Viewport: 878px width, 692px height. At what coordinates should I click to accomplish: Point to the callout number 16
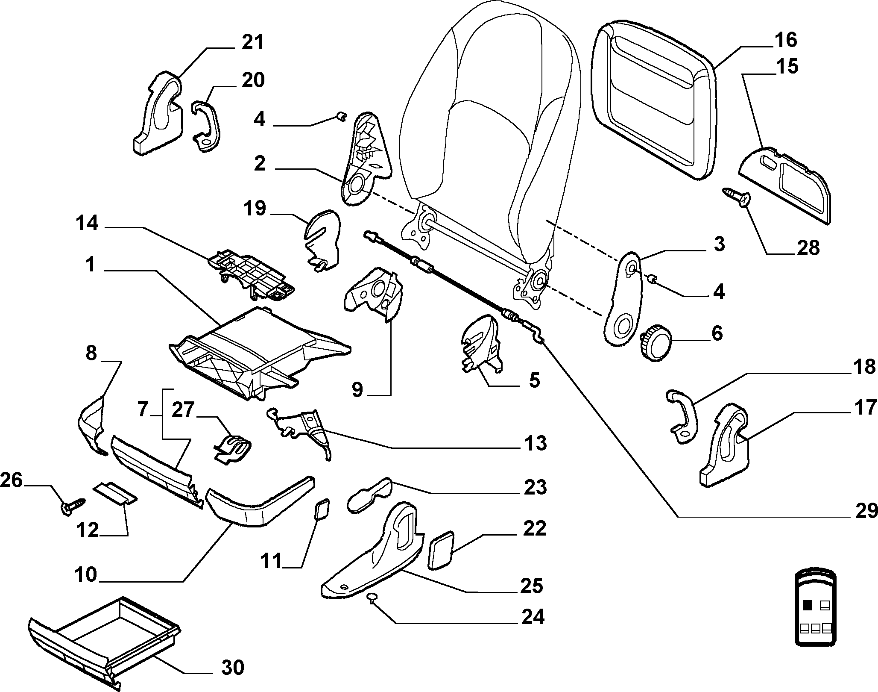coord(784,40)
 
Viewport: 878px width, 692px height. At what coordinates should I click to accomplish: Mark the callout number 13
coord(534,443)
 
